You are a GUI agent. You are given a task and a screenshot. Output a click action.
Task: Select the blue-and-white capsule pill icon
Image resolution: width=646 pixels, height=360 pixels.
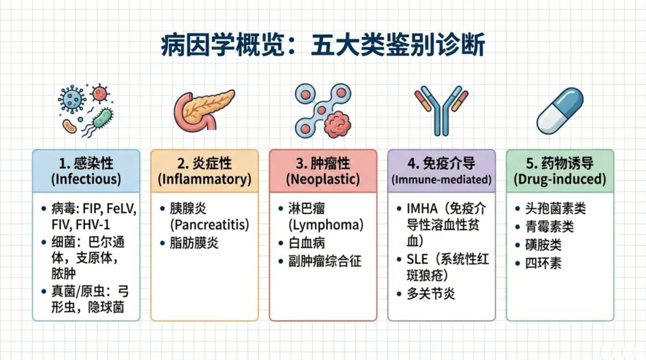pyautogui.click(x=559, y=110)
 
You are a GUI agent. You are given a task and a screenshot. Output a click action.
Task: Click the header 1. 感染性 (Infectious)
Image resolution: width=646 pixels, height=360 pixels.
pyautogui.click(x=86, y=170)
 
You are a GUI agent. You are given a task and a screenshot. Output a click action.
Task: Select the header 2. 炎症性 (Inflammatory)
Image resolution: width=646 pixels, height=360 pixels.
pyautogui.click(x=205, y=170)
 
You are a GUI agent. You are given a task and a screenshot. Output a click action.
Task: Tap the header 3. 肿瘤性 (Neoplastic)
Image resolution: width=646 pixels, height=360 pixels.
pyautogui.click(x=323, y=170)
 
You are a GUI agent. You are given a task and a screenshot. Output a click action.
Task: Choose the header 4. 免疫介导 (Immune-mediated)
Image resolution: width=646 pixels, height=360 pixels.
pyautogui.click(x=441, y=170)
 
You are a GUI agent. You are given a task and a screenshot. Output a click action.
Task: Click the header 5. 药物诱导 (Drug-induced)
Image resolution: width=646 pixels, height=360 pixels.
pyautogui.click(x=560, y=170)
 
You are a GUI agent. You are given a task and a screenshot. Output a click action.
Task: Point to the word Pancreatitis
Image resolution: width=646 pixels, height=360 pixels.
pyautogui.click(x=209, y=225)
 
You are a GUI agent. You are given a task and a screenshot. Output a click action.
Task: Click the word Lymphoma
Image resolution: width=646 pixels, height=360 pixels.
pyautogui.click(x=325, y=225)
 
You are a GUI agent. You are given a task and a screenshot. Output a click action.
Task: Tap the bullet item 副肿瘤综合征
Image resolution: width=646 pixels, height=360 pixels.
pyautogui.click(x=325, y=261)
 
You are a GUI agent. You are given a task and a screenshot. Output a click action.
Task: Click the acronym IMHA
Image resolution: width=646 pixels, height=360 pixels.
pyautogui.click(x=422, y=209)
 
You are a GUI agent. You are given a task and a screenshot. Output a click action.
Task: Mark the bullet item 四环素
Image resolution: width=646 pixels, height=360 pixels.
pyautogui.click(x=543, y=263)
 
